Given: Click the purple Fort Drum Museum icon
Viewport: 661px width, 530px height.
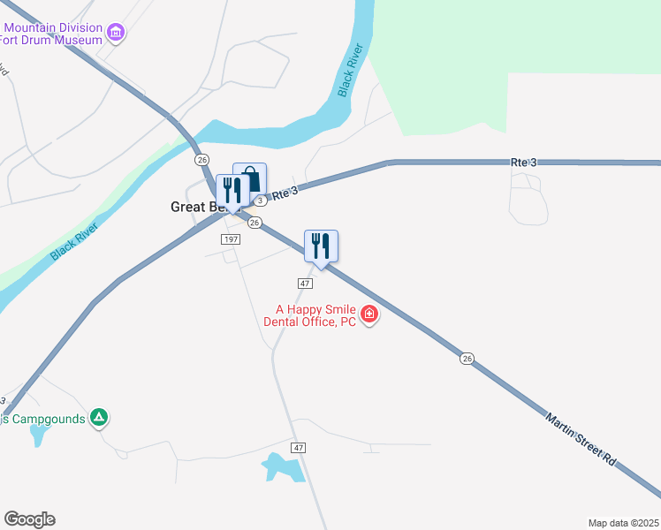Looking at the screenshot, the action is [116, 34].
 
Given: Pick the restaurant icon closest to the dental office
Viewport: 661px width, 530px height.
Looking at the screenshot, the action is [321, 245].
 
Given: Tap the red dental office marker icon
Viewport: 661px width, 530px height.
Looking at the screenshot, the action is [369, 314].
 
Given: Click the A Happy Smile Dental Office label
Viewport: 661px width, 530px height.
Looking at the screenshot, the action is [314, 315].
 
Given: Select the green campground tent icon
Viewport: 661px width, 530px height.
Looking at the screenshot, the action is [100, 417].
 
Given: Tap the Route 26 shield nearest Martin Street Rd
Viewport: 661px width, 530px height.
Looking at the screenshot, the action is [466, 358].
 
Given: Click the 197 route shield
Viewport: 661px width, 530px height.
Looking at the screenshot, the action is [231, 239].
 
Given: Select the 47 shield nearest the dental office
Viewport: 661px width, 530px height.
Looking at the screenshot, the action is [305, 283].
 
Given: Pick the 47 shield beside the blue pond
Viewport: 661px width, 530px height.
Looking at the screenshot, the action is [300, 448].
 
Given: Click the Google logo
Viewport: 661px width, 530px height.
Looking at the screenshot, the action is [29, 519].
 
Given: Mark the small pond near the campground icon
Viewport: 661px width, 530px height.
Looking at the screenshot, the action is [38, 434].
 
